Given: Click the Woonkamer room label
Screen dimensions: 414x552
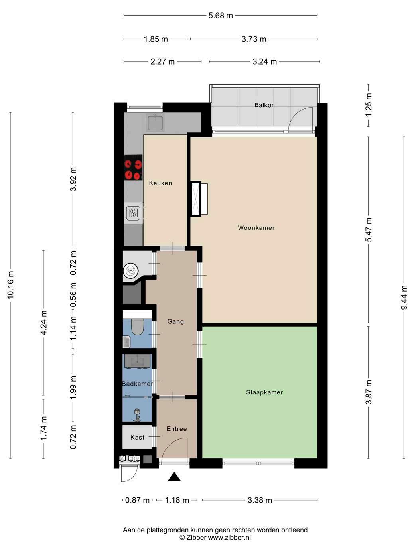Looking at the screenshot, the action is [x=256, y=228].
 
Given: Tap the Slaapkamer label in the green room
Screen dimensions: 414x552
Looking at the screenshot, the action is [x=264, y=392].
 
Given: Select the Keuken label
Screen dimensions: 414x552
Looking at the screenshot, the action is [x=160, y=183].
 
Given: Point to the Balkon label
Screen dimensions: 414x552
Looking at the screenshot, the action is [x=264, y=105].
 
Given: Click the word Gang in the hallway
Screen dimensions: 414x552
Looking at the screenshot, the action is [x=175, y=321].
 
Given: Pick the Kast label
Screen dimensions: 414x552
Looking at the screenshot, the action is [x=137, y=437].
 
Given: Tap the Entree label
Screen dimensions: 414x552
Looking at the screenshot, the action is [x=177, y=429].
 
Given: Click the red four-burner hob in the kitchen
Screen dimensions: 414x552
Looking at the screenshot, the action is [x=134, y=168].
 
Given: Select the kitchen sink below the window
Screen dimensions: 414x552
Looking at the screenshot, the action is [x=155, y=122].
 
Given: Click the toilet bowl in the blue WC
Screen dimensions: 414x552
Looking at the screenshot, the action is [x=137, y=327].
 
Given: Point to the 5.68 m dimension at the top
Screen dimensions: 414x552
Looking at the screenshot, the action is [x=221, y=16].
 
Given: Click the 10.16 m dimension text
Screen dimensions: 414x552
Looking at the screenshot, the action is [x=10, y=285].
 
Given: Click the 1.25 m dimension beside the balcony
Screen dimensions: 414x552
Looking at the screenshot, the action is [x=369, y=105].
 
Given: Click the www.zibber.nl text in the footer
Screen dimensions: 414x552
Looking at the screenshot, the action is [x=229, y=538].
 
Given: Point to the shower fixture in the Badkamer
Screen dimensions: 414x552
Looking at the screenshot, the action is [x=137, y=415].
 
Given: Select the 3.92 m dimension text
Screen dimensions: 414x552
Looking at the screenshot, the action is [x=73, y=179].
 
